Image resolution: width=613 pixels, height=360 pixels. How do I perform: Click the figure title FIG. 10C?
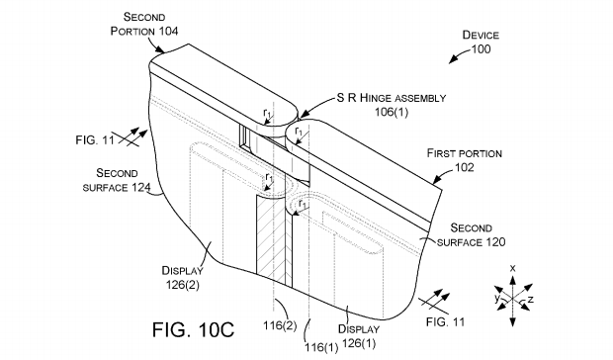193,329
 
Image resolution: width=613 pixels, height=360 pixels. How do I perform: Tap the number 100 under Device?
481,49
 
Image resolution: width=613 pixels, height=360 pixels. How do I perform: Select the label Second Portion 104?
144,24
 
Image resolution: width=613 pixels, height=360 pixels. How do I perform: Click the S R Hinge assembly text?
392,98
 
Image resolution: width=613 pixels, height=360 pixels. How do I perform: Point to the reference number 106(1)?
392,112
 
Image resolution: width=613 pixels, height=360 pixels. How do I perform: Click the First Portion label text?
465,153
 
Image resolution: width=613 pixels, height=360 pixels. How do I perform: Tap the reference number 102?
465,168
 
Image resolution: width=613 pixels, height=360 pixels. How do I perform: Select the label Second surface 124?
117,180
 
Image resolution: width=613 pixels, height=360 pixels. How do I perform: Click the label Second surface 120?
471,235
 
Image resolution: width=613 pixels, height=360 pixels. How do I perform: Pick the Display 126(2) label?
183,278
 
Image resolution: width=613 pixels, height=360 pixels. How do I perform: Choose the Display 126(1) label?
359,336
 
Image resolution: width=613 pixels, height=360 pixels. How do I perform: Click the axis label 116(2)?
280,325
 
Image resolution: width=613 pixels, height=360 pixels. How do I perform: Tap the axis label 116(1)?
321,347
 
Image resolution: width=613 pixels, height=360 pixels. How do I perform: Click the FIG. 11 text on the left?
95,139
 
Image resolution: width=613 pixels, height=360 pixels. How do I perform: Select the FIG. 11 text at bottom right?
445,322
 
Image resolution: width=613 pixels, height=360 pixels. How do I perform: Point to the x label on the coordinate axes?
513,268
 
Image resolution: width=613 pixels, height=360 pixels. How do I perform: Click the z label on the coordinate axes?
531,300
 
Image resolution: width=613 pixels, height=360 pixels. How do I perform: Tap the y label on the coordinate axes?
497,299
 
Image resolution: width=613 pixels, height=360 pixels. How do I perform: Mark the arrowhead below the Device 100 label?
453,59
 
